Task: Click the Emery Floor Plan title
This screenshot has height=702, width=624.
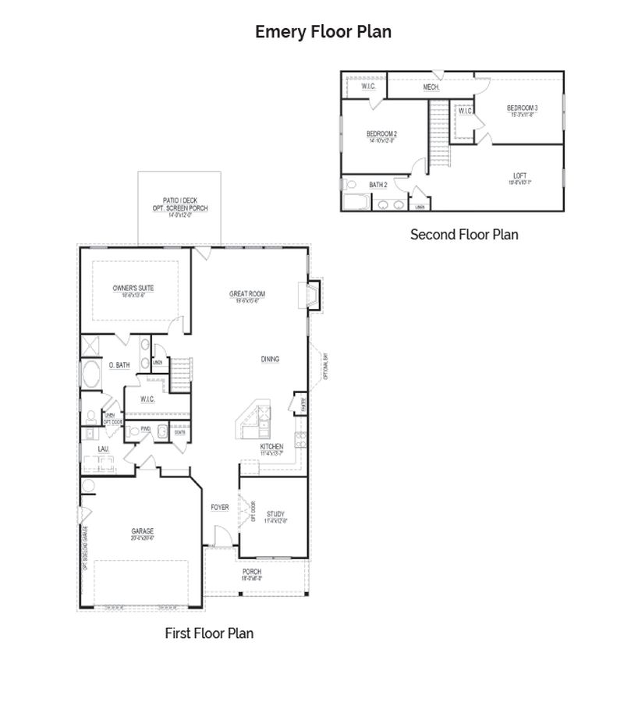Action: [x=323, y=32]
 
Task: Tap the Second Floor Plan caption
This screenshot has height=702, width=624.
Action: [x=464, y=234]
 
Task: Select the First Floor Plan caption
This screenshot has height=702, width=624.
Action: [x=209, y=633]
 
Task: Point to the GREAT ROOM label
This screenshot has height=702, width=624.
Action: [x=247, y=294]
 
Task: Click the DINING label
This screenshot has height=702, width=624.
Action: [x=270, y=360]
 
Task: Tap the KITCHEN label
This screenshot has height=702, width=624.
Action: [x=271, y=447]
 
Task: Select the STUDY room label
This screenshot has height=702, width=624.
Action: [x=275, y=514]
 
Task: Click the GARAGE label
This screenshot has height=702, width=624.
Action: [x=142, y=532]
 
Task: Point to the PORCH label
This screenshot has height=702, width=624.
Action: [x=251, y=572]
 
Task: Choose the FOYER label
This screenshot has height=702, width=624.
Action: [x=219, y=507]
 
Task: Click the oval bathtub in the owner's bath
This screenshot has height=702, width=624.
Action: [x=91, y=375]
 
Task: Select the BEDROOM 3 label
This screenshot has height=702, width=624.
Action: [x=522, y=108]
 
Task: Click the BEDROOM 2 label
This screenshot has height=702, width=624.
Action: [x=382, y=134]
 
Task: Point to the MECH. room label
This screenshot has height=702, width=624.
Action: [x=431, y=87]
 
